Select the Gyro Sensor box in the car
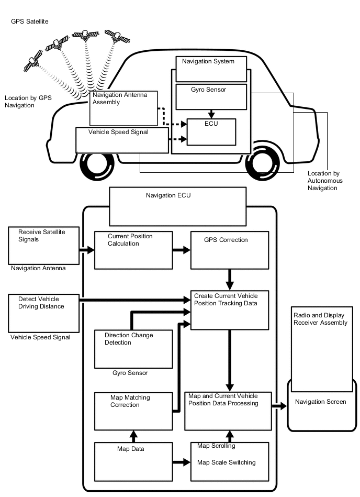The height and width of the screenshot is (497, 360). click(211, 96)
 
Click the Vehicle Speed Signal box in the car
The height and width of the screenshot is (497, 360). click(122, 140)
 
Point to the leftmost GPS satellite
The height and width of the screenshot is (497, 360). click(33, 61)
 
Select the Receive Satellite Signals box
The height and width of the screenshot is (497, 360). click(43, 245)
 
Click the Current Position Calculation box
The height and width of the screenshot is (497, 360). click(133, 250)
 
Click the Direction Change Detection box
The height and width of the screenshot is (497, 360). click(133, 349)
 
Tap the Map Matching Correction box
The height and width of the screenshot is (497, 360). click(133, 411)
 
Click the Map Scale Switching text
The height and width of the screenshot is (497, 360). click(226, 462)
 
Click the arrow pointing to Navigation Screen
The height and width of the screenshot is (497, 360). click(279, 406)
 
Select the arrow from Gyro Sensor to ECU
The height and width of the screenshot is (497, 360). click(211, 113)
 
